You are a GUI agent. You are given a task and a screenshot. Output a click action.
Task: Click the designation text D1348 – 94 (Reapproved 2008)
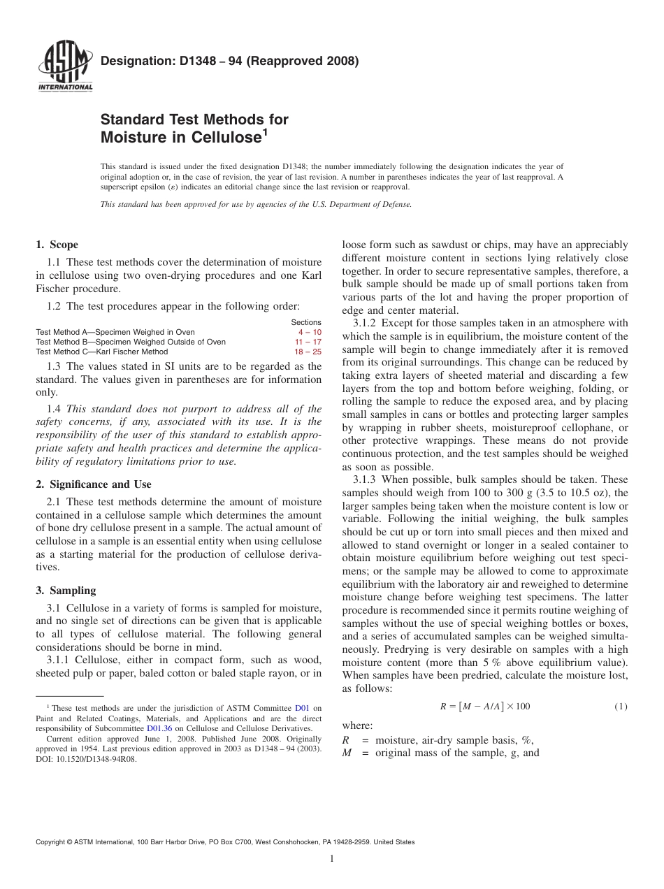229,61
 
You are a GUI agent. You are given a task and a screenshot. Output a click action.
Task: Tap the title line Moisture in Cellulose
182,138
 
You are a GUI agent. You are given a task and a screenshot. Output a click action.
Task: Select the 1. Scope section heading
57,245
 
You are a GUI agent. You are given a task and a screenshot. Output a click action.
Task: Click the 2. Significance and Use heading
93,484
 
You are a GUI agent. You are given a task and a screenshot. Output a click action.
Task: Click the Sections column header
306,322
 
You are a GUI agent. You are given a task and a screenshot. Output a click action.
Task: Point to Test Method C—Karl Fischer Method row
102,352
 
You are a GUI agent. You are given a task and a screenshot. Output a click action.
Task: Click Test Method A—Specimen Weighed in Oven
115,332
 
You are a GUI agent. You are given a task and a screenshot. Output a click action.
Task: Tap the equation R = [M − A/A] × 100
484,707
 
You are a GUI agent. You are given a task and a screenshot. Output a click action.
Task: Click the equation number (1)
621,707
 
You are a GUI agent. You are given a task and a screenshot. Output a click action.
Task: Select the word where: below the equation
357,725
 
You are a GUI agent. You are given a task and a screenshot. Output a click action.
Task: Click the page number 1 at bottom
332,859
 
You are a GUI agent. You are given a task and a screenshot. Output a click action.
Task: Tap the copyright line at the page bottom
224,842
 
